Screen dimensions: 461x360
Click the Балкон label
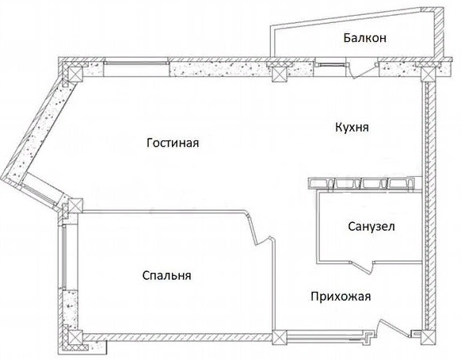(x=365, y=38)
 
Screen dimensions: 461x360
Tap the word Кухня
(x=352, y=127)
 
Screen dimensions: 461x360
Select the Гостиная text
(x=173, y=143)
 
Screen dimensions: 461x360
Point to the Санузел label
(x=371, y=226)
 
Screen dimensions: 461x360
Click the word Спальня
(x=166, y=275)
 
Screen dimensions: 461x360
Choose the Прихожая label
(x=341, y=296)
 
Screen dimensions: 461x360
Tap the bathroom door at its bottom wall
(x=364, y=265)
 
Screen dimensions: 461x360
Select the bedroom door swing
(x=261, y=229)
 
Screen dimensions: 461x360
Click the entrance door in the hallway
(x=394, y=327)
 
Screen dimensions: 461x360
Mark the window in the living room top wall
(x=137, y=63)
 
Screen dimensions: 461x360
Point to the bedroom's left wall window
(x=64, y=257)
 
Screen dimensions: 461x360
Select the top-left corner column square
(x=74, y=73)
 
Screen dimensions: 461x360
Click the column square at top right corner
(x=428, y=75)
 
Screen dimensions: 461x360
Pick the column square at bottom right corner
(x=428, y=337)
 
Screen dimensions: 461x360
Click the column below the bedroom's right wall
(x=280, y=338)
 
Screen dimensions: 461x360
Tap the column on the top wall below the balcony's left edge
(x=279, y=75)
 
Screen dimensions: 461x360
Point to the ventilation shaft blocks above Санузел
(x=361, y=184)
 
